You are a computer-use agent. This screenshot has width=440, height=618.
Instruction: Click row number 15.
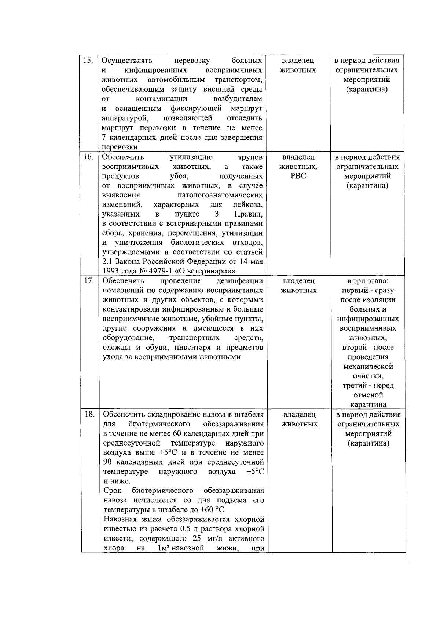tap(88, 60)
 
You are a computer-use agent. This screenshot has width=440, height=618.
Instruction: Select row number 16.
tap(88, 157)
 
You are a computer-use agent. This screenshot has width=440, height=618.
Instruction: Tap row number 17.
tap(88, 281)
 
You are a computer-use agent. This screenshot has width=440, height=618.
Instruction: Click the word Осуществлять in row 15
tap(127, 60)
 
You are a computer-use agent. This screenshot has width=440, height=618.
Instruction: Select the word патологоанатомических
tap(220, 195)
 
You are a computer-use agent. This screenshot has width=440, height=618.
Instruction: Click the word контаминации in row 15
tap(161, 99)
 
